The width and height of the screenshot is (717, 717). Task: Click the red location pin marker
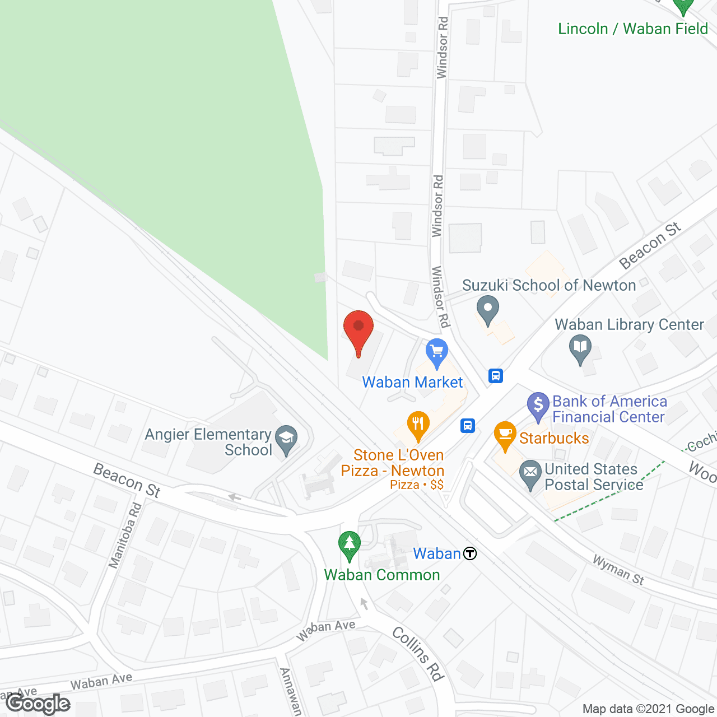[358, 328]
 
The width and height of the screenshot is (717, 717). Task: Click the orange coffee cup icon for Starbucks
[505, 435]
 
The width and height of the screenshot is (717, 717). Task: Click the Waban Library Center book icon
[580, 347]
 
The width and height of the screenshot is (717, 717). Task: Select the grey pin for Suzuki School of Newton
[487, 309]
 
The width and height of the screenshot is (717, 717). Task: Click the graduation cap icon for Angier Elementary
[287, 439]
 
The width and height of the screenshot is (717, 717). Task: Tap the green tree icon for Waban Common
[350, 544]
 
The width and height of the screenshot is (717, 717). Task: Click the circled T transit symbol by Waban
[470, 554]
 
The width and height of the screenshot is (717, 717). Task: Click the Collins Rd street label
[418, 654]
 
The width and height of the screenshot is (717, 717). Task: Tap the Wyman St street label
[618, 570]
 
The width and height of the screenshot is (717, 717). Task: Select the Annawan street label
[291, 692]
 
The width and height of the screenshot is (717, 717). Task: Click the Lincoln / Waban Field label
[633, 29]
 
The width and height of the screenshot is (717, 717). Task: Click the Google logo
[39, 704]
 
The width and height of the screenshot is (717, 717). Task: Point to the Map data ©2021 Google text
[649, 709]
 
